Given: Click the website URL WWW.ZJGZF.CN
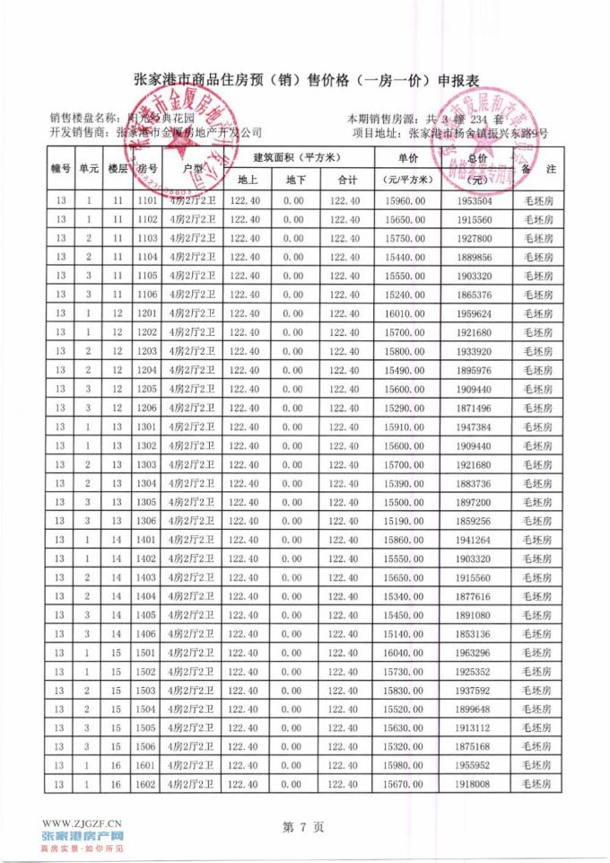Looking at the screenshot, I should (x=83, y=822).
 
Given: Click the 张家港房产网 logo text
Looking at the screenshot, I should (x=83, y=836).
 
